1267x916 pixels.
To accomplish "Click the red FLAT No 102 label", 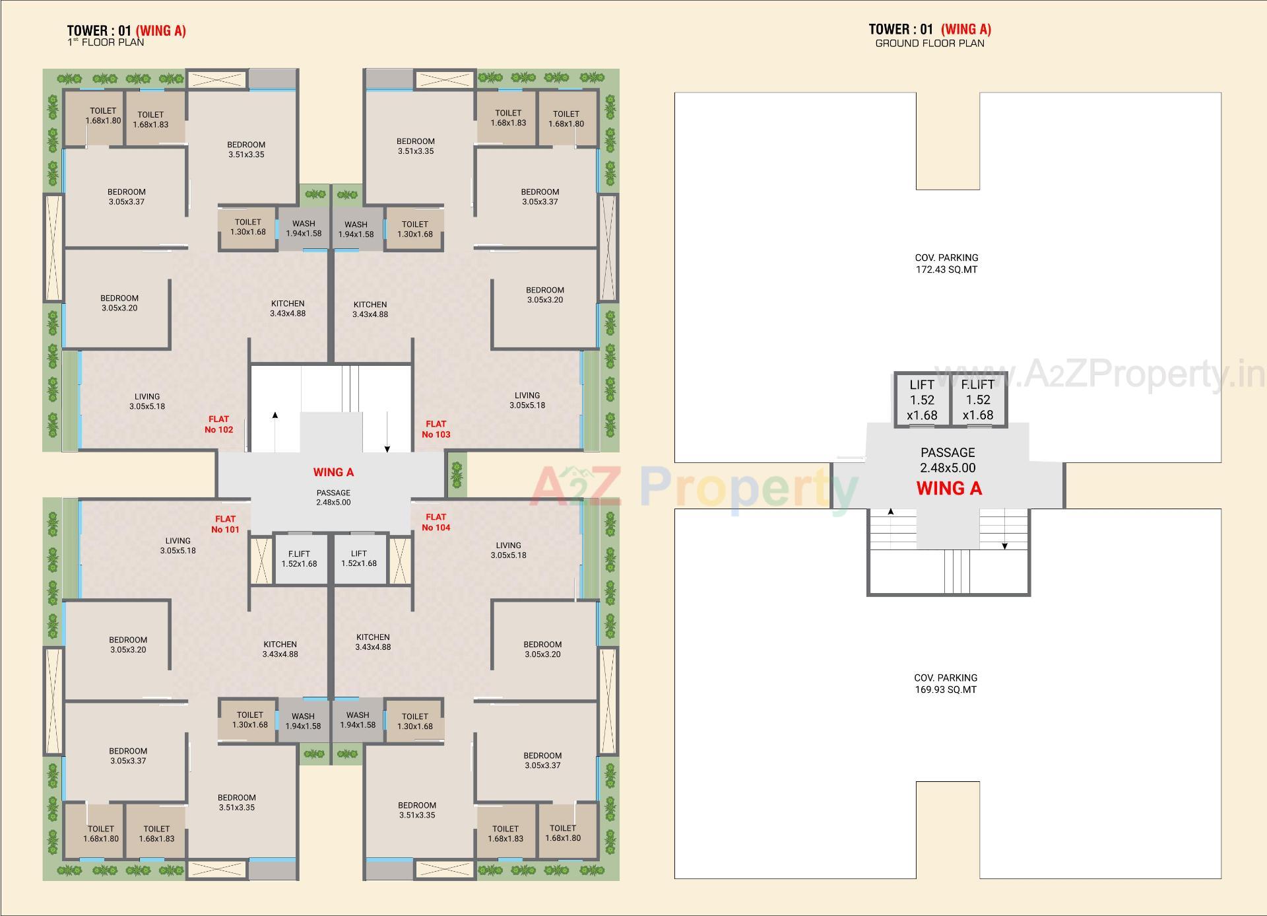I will (x=219, y=424).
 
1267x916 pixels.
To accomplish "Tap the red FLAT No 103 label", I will (x=436, y=429).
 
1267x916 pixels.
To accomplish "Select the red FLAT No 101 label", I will (x=225, y=524).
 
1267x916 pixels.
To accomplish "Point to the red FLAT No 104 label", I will (x=436, y=522).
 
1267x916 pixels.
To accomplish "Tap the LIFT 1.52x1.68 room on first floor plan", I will (x=359, y=559).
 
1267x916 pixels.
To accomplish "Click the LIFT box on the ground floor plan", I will (x=922, y=400).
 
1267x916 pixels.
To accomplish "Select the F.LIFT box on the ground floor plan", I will (x=978, y=400).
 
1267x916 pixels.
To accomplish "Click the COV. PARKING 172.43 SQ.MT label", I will (x=946, y=264).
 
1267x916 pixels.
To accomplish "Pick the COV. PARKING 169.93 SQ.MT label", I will (x=946, y=684).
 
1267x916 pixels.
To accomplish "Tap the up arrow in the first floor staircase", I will (x=275, y=415).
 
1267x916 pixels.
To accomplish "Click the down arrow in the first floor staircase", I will (x=387, y=448).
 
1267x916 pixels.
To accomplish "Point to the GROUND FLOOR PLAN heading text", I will (x=930, y=44).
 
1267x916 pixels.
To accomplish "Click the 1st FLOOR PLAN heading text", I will (x=106, y=42).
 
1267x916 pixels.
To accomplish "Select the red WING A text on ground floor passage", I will (x=949, y=489).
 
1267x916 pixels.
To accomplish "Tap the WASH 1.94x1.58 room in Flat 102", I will (x=304, y=229).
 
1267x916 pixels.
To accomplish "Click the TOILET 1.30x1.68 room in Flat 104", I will (x=415, y=721).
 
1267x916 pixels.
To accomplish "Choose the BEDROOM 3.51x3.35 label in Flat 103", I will (x=416, y=146).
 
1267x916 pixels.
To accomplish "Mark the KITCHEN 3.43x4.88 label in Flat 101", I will (x=280, y=649).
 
